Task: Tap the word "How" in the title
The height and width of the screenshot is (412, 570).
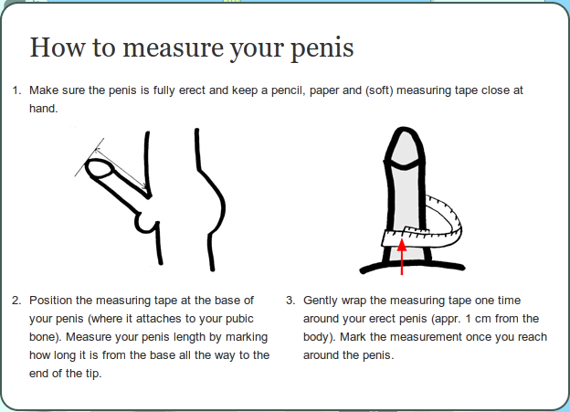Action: tap(58, 48)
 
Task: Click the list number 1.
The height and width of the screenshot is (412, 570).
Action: tap(16, 90)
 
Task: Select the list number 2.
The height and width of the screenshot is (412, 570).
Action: tap(16, 301)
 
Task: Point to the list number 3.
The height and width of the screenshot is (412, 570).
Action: tap(290, 301)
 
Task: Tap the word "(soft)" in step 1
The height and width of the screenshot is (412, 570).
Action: tap(379, 90)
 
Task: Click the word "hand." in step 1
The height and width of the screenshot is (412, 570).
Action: tap(44, 109)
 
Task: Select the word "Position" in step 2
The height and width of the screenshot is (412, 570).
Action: tap(51, 301)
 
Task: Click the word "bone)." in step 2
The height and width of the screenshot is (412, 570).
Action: tap(46, 337)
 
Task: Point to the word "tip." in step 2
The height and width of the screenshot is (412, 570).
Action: tap(93, 374)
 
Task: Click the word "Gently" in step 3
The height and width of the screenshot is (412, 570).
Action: tap(321, 301)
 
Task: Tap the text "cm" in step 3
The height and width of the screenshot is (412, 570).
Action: tap(482, 319)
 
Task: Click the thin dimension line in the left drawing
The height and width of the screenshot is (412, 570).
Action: tap(121, 168)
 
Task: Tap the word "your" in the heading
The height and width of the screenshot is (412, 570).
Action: tap(258, 50)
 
